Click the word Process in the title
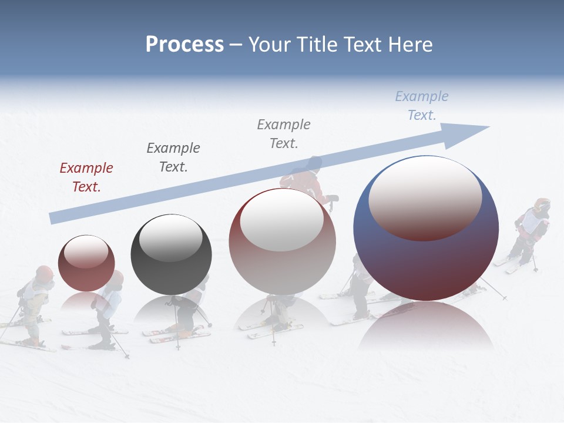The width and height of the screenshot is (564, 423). tap(184, 45)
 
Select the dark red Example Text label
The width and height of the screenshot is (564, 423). tap(86, 177)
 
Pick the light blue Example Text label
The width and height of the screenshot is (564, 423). tap(422, 106)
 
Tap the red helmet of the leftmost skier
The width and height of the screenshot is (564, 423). tap(44, 273)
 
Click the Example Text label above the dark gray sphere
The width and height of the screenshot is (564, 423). tap(173, 157)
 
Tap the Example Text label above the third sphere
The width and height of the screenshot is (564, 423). tap(284, 133)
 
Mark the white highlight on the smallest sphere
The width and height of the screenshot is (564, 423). tap(86, 252)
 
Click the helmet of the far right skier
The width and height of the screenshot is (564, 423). tap(542, 205)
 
